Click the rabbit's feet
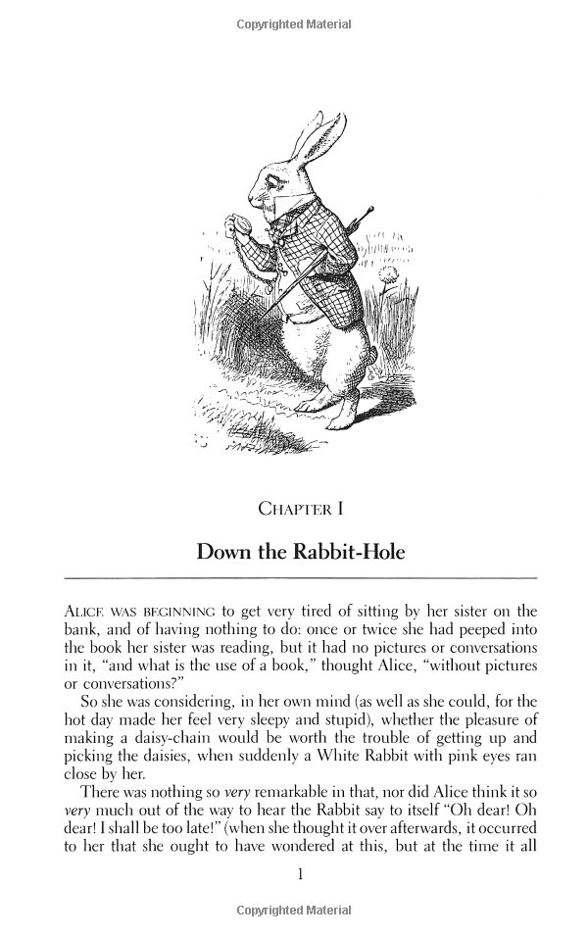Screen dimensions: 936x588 pyautogui.click(x=338, y=417)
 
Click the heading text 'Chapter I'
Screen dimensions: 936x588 pyautogui.click(x=299, y=508)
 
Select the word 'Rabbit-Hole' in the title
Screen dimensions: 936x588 pyautogui.click(x=351, y=551)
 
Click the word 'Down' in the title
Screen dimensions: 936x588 pyautogui.click(x=224, y=551)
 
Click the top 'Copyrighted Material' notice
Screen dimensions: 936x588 pyautogui.click(x=294, y=24)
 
